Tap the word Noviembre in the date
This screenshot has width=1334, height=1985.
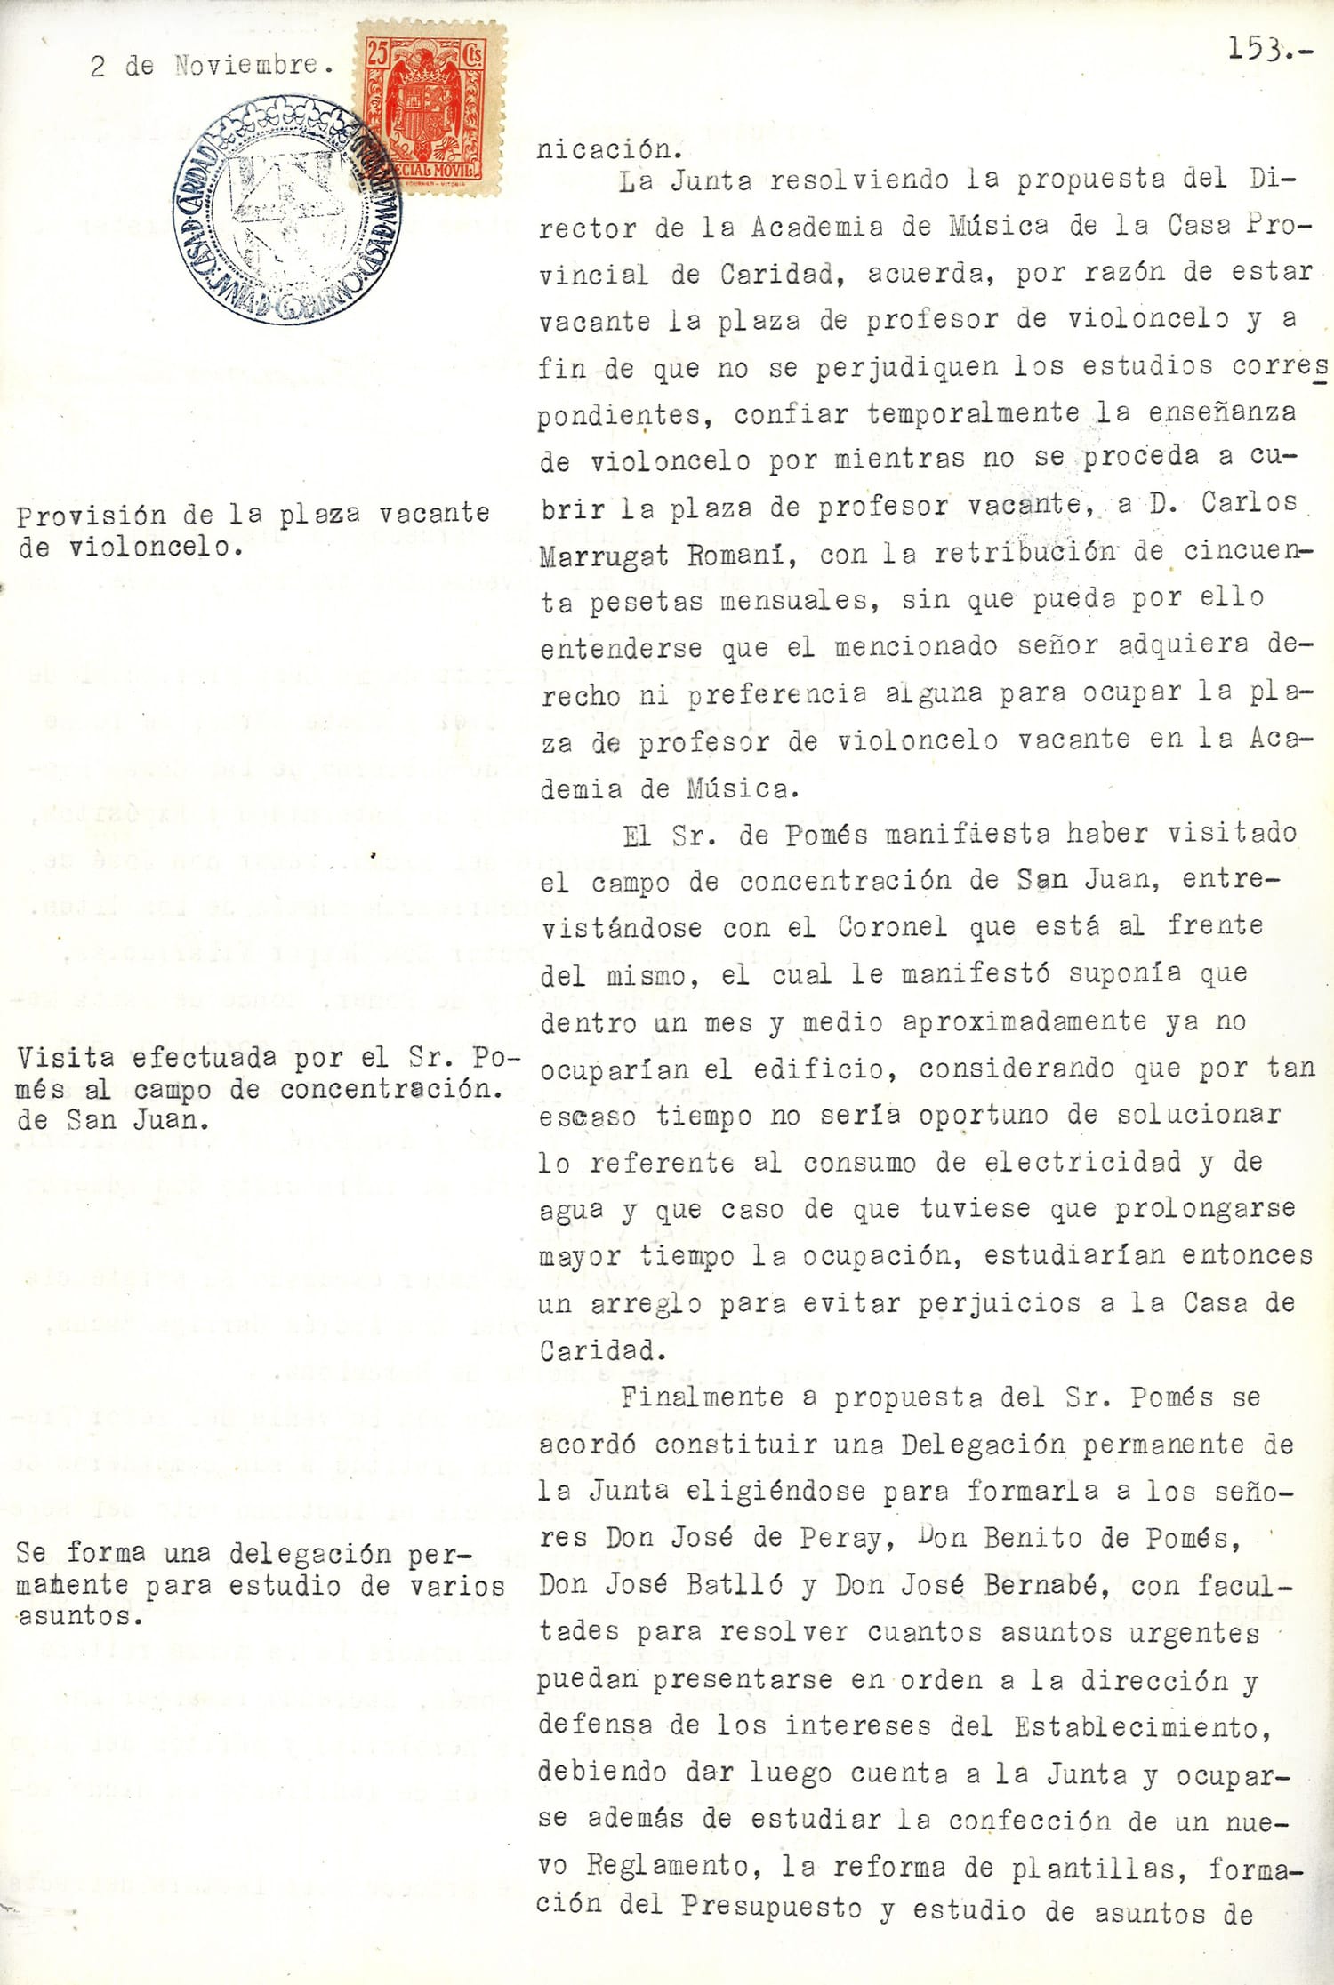pos(245,65)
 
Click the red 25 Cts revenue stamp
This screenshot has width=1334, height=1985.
pos(430,108)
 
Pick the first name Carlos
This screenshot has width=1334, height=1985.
pos(1249,502)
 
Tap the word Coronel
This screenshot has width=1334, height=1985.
pos(892,927)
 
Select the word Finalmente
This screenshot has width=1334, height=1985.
pos(702,1397)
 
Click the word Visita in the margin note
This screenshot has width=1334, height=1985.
pos(66,1058)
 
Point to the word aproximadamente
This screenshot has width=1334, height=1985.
pos(1025,1021)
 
